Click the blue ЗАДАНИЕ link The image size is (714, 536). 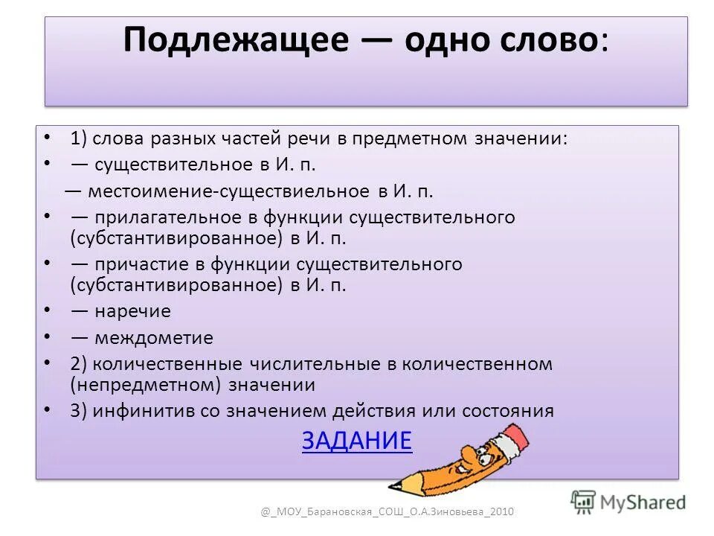356,441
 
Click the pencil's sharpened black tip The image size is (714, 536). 395,487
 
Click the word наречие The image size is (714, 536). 132,311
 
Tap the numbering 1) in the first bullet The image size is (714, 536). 79,138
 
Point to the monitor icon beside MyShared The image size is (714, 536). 583,502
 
